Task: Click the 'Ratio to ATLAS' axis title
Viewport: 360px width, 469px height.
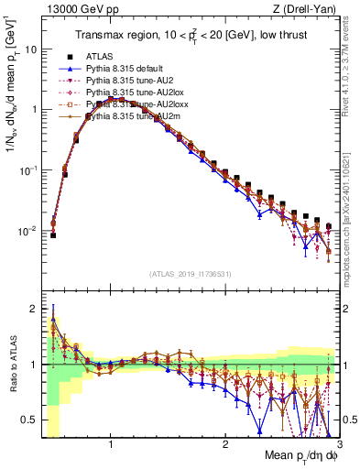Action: pyautogui.click(x=12, y=365)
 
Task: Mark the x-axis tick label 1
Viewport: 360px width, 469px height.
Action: pyautogui.click(x=111, y=443)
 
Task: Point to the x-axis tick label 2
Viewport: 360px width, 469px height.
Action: pyautogui.click(x=225, y=443)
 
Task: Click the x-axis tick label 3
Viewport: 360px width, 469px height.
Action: pyautogui.click(x=339, y=443)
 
